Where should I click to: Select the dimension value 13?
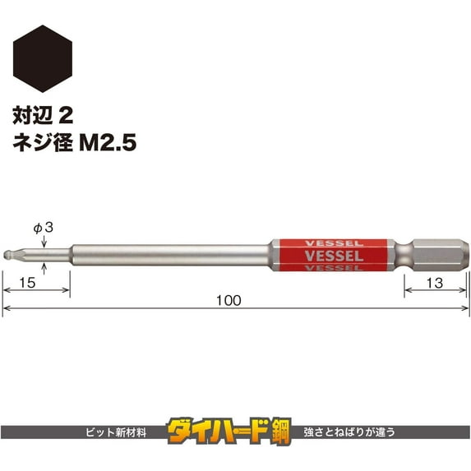(435, 282)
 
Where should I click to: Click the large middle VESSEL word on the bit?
(333, 256)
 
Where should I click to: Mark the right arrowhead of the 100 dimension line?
(464, 309)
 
